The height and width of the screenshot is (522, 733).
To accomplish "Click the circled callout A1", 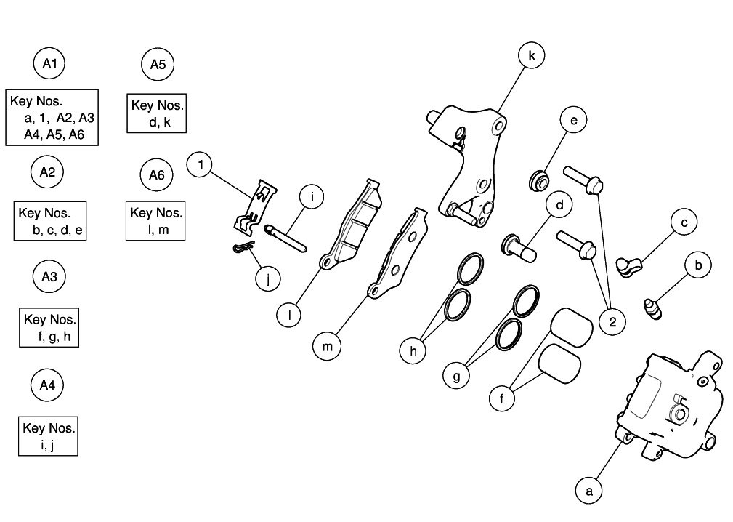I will click(x=49, y=65).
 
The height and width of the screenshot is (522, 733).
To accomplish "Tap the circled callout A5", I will click(x=158, y=65).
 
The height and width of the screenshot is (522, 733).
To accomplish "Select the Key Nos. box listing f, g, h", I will click(x=49, y=328).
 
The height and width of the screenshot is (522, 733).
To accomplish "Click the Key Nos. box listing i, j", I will click(x=48, y=435).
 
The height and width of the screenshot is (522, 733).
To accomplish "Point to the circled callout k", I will click(x=532, y=56).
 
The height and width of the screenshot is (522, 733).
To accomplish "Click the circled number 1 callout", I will click(x=201, y=165).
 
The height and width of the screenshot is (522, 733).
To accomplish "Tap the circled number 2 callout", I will click(x=612, y=321).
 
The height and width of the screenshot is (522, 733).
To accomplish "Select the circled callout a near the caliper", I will click(x=589, y=491).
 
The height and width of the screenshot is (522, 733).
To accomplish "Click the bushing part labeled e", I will click(x=539, y=179).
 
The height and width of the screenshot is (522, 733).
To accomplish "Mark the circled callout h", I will click(x=413, y=350).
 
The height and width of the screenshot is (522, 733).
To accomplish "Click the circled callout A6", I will click(x=156, y=175).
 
